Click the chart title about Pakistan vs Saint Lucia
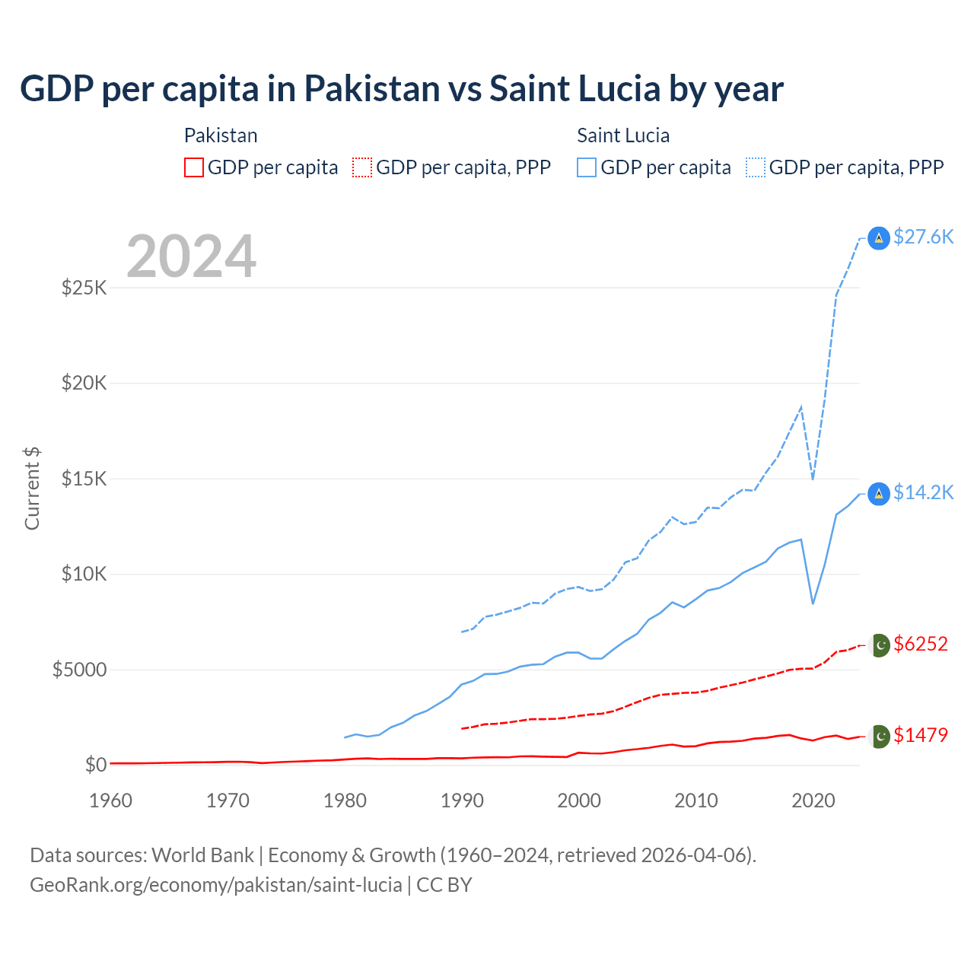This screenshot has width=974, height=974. pyautogui.click(x=401, y=89)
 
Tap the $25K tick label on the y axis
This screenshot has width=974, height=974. pyautogui.click(x=84, y=288)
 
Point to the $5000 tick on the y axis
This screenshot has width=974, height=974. pyautogui.click(x=79, y=670)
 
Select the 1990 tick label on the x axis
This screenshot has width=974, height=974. pyautogui.click(x=462, y=801)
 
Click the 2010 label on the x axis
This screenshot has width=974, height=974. pyautogui.click(x=696, y=801)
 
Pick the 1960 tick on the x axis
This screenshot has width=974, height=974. pyautogui.click(x=111, y=801)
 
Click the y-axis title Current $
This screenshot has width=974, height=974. pyautogui.click(x=32, y=489)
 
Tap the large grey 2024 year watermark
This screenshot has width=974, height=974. pyautogui.click(x=191, y=256)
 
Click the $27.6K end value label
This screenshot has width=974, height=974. pyautogui.click(x=923, y=237)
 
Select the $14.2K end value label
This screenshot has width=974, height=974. pyautogui.click(x=923, y=492)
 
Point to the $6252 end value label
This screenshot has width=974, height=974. pyautogui.click(x=921, y=644)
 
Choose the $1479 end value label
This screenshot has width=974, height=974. pyautogui.click(x=921, y=735)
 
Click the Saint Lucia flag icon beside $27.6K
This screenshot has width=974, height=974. pyautogui.click(x=879, y=238)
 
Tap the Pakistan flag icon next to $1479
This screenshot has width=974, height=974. pyautogui.click(x=880, y=736)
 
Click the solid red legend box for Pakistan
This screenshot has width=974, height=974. pyautogui.click(x=194, y=167)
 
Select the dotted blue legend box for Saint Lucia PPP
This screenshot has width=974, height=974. pyautogui.click(x=756, y=167)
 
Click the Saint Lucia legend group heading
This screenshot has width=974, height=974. pyautogui.click(x=623, y=135)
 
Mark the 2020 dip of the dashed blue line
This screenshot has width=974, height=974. pyautogui.click(x=813, y=479)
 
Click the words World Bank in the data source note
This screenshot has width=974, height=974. pyautogui.click(x=202, y=855)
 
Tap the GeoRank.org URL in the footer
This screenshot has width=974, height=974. pyautogui.click(x=216, y=885)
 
